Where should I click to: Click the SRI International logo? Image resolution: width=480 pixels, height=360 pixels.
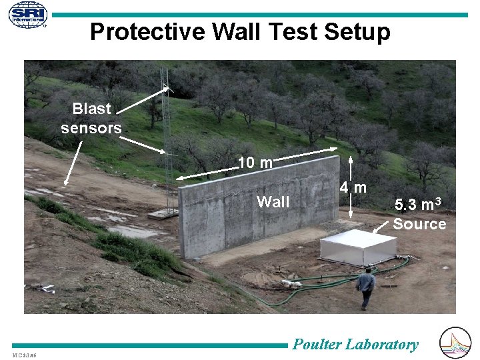(x=27, y=15)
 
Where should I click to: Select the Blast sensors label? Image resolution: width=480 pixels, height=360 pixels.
(x=91, y=118)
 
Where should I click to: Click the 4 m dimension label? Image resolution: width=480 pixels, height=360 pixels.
(x=352, y=188)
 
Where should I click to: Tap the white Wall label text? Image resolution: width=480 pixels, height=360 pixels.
(x=273, y=202)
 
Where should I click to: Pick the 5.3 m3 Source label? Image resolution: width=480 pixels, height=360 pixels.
(x=419, y=214)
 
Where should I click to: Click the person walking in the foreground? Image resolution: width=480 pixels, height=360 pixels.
(x=365, y=287)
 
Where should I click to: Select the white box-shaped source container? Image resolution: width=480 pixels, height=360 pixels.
(x=357, y=247)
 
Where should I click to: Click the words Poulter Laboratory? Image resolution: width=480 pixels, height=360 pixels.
(x=356, y=344)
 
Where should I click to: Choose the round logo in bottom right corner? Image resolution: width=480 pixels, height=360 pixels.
(x=456, y=343)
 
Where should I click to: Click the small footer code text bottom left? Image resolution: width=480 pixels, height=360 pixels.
(x=24, y=353)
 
